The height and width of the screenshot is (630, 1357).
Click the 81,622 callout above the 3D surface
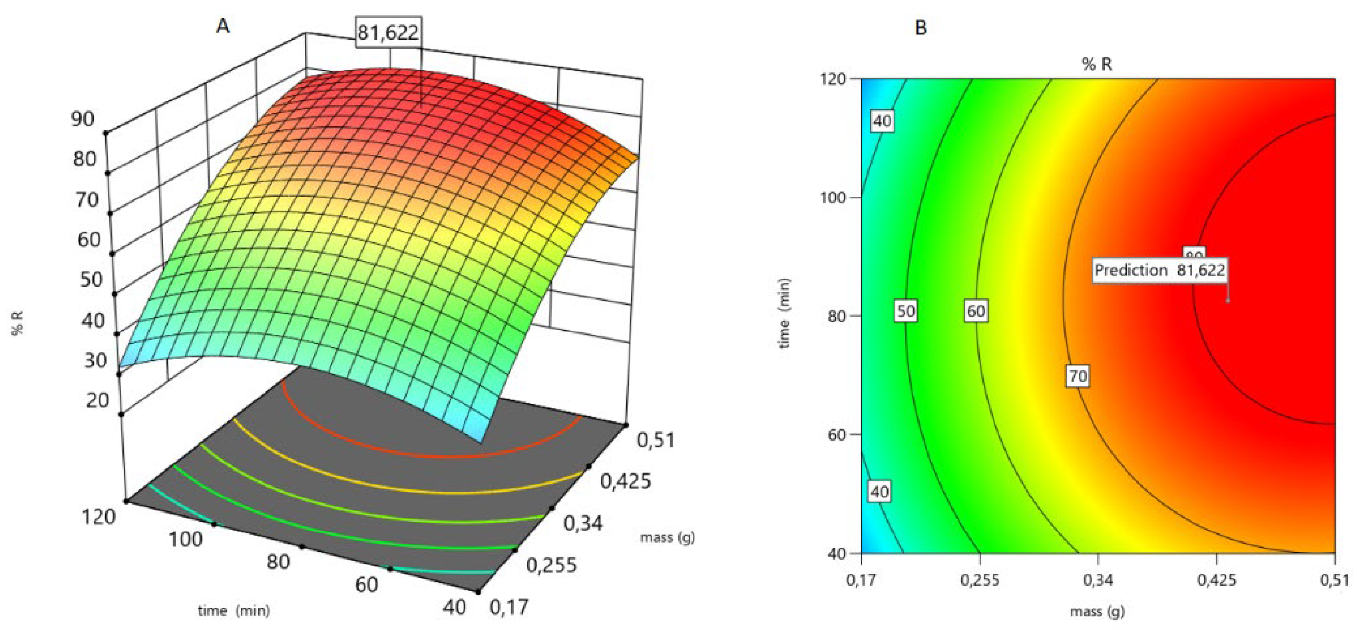click(388, 33)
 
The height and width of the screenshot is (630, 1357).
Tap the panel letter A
click(223, 26)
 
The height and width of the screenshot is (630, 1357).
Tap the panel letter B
click(920, 28)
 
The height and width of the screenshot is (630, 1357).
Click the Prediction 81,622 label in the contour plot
click(1159, 271)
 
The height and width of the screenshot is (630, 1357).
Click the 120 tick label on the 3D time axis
click(99, 517)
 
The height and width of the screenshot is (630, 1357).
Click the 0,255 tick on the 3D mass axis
click(551, 565)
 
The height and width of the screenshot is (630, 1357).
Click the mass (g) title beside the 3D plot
click(667, 538)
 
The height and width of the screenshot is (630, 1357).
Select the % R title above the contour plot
click(1097, 64)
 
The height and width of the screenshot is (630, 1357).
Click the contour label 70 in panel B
click(1077, 377)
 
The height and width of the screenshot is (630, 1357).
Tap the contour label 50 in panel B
click(905, 311)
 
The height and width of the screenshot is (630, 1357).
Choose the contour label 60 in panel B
click(976, 311)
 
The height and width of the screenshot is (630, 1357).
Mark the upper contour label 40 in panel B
click(882, 121)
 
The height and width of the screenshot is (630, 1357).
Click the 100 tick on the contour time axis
click(832, 198)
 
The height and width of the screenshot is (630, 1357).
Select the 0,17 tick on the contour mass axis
click(861, 580)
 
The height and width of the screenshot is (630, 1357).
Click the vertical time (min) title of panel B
click(784, 313)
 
